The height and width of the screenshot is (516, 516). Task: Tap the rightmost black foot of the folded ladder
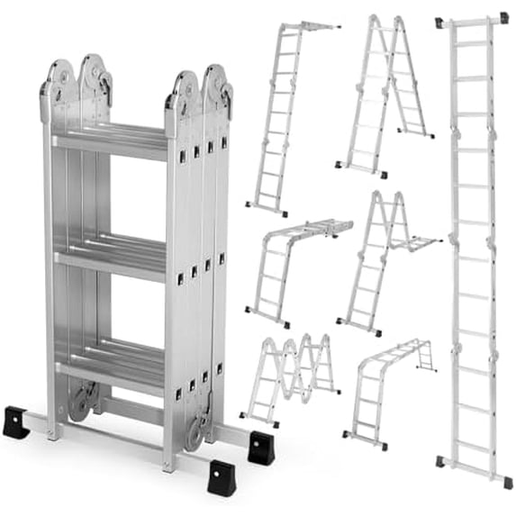[x=261, y=448]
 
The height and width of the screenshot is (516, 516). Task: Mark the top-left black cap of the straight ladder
[x=439, y=22]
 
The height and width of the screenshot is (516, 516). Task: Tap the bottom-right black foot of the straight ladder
[x=507, y=483]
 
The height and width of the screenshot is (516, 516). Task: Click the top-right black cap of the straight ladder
[x=502, y=17]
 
